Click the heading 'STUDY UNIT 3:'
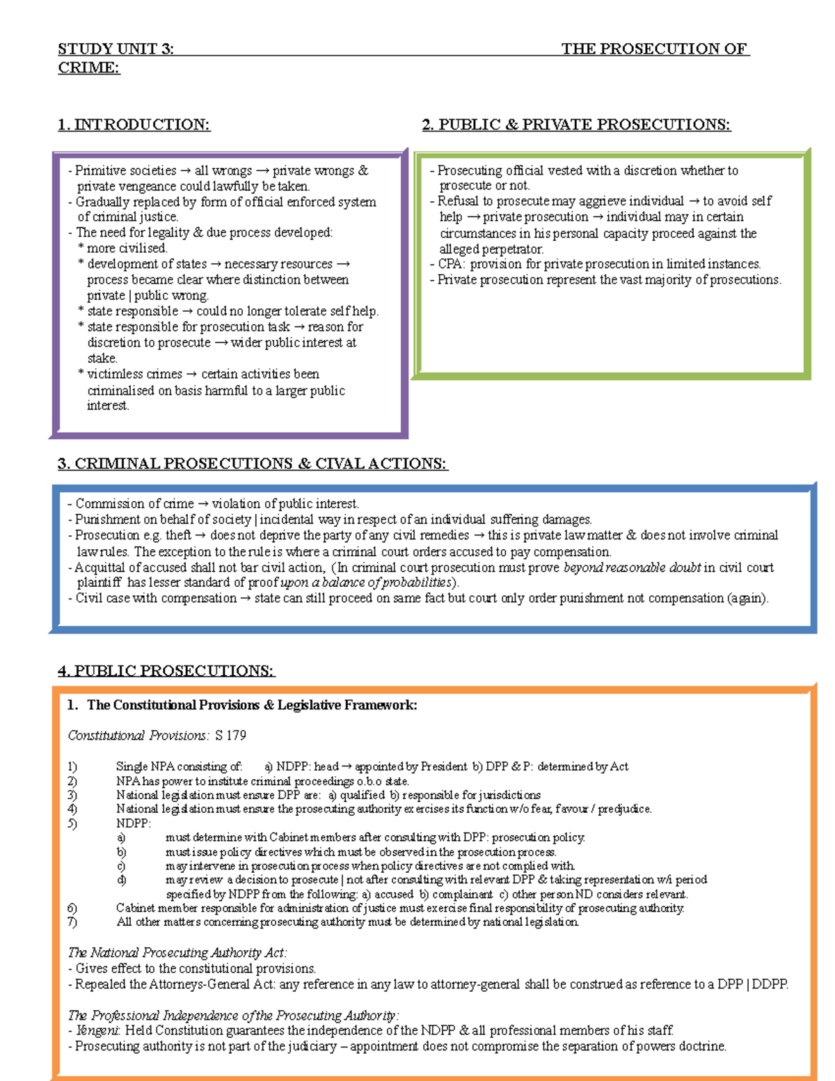[x=116, y=49]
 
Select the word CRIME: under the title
[x=88, y=68]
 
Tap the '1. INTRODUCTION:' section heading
[x=134, y=125]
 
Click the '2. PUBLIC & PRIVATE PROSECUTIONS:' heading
[x=576, y=125]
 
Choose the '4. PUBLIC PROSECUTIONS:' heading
[x=166, y=671]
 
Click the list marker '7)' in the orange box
[x=72, y=922]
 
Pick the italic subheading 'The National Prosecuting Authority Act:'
[x=177, y=953]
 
